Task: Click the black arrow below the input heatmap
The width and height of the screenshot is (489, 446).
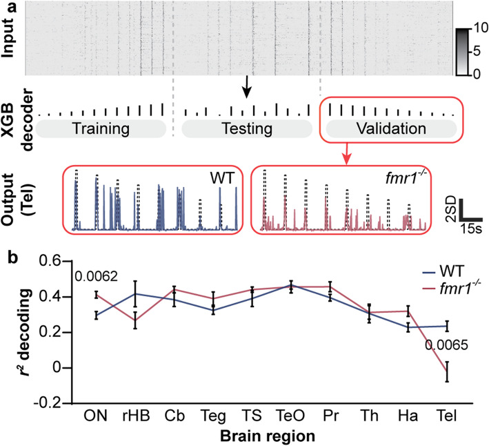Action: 247,86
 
